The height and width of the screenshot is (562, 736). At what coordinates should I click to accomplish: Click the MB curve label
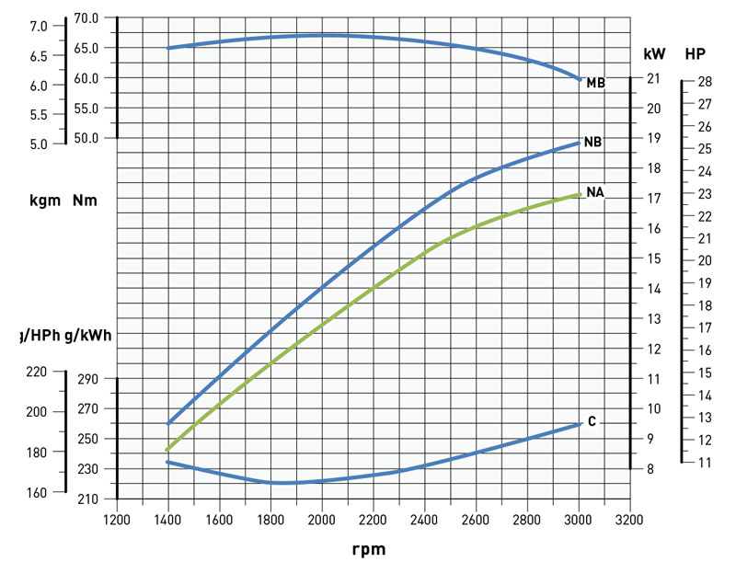(x=595, y=84)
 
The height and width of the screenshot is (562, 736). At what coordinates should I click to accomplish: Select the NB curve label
(x=593, y=143)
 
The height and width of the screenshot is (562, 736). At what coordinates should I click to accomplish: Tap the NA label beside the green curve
(x=594, y=192)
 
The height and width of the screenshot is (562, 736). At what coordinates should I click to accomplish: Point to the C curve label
(x=592, y=421)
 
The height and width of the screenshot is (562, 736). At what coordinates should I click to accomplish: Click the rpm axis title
(x=368, y=549)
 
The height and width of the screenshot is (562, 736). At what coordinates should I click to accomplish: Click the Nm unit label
(x=86, y=200)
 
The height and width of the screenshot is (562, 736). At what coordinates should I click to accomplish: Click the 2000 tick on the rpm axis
(x=322, y=519)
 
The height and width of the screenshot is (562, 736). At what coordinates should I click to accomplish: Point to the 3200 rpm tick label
(x=630, y=519)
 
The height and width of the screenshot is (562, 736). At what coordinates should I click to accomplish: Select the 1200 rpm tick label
(x=117, y=519)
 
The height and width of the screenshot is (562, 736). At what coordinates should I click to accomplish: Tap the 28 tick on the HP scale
(x=704, y=82)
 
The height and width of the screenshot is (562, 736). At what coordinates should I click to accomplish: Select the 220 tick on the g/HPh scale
(x=36, y=372)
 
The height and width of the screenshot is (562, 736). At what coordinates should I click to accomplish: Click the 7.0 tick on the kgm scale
(x=39, y=27)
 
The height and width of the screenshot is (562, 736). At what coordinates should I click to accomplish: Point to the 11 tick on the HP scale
(x=704, y=463)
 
